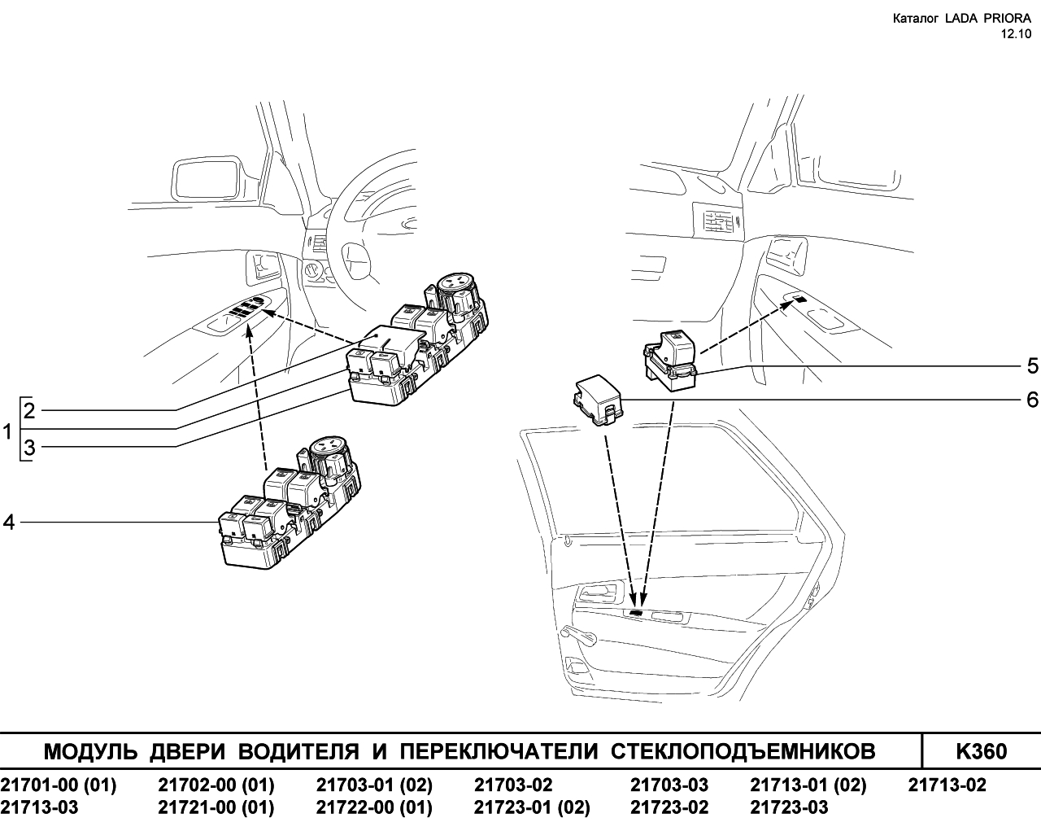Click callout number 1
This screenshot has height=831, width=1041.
click(x=7, y=431)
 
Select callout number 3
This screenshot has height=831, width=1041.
click(x=29, y=448)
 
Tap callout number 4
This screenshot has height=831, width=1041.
click(x=9, y=523)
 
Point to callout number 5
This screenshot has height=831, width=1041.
click(x=1032, y=366)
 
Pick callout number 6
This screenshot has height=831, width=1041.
click(x=1032, y=400)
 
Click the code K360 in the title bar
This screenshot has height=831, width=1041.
click(x=981, y=752)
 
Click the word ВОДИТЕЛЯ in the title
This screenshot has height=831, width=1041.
click(x=298, y=752)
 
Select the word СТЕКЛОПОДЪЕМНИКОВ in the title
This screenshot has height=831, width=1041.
click(x=743, y=752)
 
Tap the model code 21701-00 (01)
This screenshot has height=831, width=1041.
click(x=59, y=785)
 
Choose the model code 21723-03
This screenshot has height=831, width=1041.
click(x=789, y=807)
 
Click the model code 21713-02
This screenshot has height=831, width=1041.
click(x=947, y=785)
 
